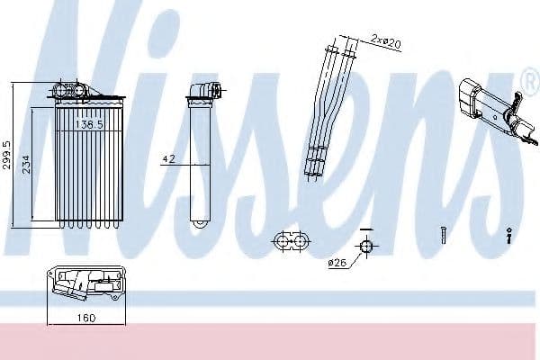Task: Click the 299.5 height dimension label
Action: click(6, 155)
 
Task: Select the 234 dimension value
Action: click(26, 165)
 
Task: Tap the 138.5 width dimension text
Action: click(89, 124)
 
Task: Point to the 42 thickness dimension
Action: click(169, 158)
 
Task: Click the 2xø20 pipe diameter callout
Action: click(386, 41)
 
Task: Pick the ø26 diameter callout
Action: click(337, 263)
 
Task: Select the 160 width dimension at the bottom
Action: click(86, 318)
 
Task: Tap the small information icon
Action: click(509, 236)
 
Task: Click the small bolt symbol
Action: click(443, 236)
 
